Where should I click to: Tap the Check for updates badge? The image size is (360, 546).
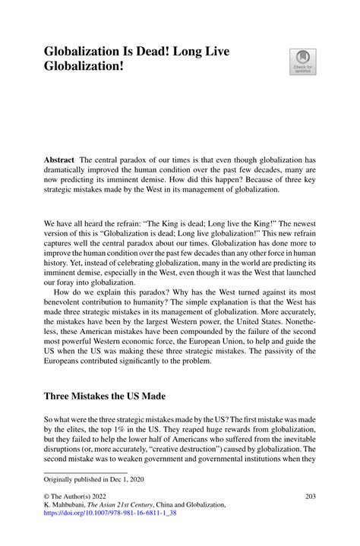pyautogui.click(x=302, y=62)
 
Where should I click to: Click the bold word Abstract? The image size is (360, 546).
pyautogui.click(x=58, y=160)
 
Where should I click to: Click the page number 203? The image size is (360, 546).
pyautogui.click(x=309, y=497)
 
